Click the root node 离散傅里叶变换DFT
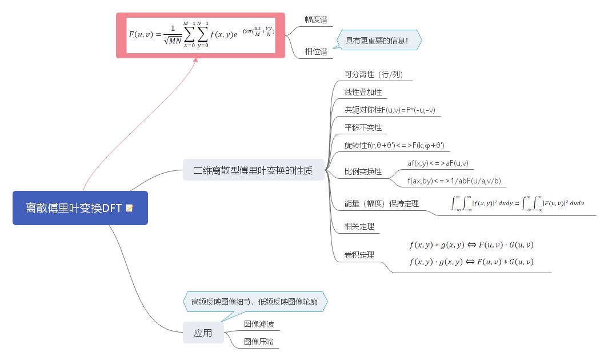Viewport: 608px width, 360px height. (74, 208)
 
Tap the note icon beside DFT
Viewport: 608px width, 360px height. (130, 208)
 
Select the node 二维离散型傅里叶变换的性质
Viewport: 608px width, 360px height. (253, 170)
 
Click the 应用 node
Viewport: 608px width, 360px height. (203, 333)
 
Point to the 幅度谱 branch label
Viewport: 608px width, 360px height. (316, 20)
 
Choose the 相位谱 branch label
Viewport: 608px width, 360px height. (316, 52)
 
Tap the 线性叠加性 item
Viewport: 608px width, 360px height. (363, 92)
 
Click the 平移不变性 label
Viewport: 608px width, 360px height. (363, 127)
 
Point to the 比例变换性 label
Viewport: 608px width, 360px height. (363, 172)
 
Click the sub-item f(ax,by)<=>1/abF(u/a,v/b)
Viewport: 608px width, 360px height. (454, 181)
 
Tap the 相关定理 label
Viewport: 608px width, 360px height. (359, 226)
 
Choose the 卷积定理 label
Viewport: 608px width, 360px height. (359, 255)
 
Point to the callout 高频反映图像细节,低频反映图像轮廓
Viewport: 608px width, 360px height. (254, 302)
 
